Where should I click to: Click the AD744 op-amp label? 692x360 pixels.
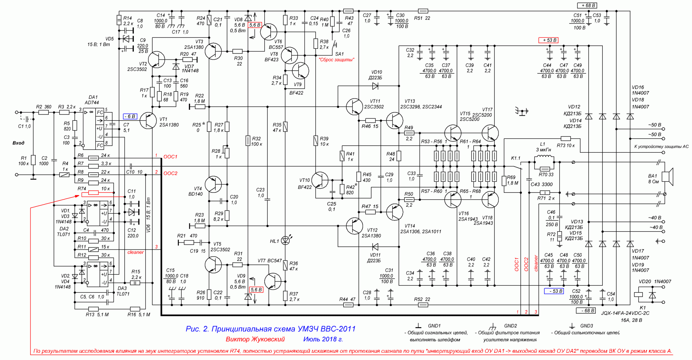point(92,102)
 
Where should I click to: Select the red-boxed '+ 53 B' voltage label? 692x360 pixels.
point(548,40)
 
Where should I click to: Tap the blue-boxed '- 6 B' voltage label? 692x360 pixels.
point(130,116)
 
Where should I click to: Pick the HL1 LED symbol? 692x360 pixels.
point(285,240)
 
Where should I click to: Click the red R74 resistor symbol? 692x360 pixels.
point(93,193)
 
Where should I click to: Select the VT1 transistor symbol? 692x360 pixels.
point(148,120)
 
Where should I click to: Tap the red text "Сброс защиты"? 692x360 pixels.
point(336,60)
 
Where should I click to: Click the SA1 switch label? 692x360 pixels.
point(339,54)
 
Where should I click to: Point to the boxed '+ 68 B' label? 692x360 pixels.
point(587,6)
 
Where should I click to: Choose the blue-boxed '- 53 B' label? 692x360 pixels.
point(554,291)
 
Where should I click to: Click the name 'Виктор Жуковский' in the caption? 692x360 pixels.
point(255,339)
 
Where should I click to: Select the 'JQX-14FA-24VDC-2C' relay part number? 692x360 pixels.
point(625,313)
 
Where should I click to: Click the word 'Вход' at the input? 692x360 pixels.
point(18,143)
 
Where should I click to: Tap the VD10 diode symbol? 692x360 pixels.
point(375,86)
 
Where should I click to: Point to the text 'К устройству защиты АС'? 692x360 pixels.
point(661,146)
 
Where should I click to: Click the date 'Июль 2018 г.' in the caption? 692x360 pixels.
point(323,339)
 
